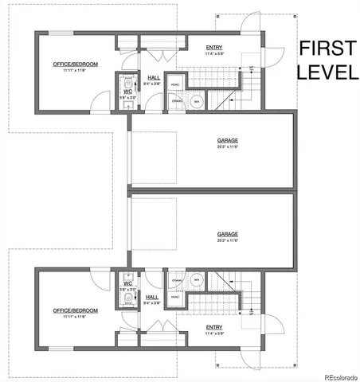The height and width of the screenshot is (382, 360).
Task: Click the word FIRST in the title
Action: tap(327, 50)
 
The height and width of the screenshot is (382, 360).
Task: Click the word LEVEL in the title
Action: tap(327, 72)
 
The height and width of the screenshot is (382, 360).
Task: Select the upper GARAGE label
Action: tap(228, 141)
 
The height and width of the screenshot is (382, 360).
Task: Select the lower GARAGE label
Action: tap(228, 234)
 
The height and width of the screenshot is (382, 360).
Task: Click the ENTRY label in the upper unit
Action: tap(214, 46)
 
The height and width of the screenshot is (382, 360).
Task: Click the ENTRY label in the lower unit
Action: tap(214, 326)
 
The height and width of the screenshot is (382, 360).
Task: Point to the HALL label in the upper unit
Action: tap(154, 78)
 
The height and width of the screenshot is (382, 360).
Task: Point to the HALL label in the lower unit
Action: tap(154, 295)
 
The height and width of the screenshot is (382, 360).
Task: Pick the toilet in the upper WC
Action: tap(127, 83)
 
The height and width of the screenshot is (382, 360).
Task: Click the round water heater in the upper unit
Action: tap(198, 101)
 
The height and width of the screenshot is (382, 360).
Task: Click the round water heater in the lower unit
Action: tap(197, 279)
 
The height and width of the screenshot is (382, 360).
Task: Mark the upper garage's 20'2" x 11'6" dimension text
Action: tap(228, 147)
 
